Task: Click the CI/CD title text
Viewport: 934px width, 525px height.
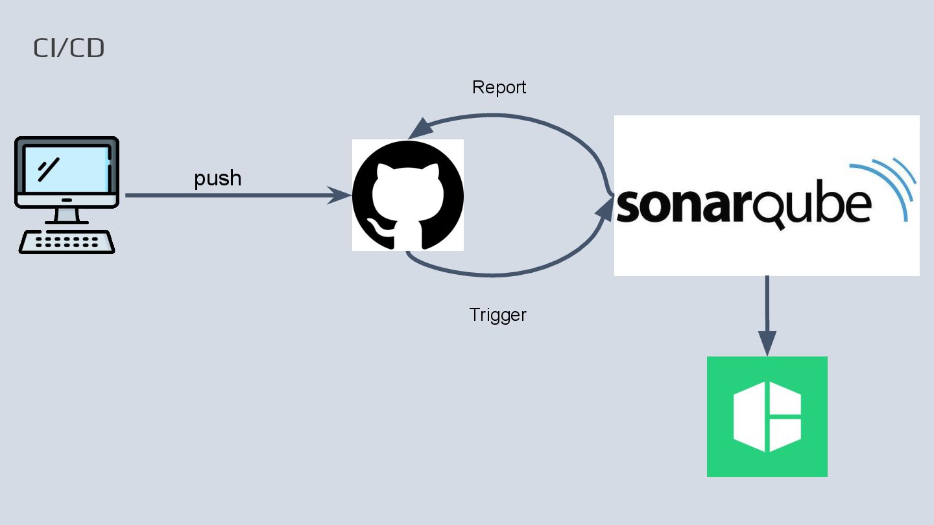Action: [x=69, y=49]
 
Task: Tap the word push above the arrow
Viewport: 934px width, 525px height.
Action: [x=218, y=178]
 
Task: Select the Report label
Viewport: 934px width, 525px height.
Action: [x=499, y=87]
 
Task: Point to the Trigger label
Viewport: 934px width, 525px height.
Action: [x=497, y=315]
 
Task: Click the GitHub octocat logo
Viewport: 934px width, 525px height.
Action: [x=408, y=195]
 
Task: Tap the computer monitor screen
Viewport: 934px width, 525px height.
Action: [x=66, y=170]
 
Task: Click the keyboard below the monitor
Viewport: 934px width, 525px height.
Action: [x=67, y=242]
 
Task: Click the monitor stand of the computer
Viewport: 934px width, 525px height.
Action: [x=67, y=216]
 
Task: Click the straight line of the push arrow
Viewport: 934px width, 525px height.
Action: [x=227, y=195]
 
